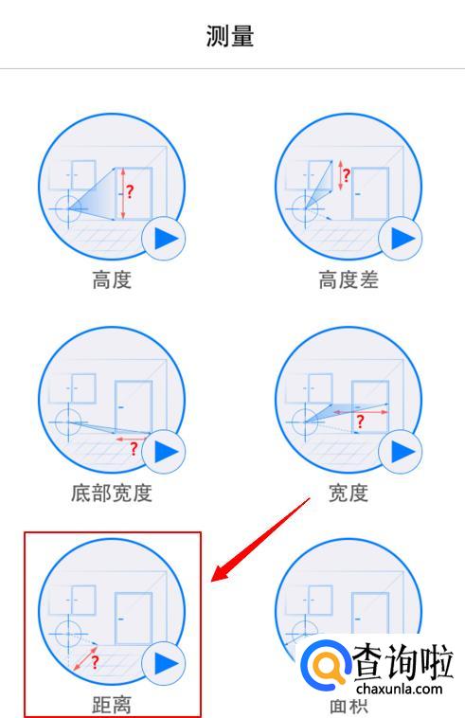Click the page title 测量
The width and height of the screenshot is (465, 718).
(x=230, y=36)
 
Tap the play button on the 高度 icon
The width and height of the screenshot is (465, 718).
(x=164, y=239)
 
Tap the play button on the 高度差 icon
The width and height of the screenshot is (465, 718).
(x=401, y=239)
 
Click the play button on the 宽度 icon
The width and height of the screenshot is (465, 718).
(x=401, y=452)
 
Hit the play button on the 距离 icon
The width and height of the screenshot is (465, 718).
(x=164, y=663)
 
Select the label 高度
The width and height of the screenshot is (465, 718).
(x=112, y=279)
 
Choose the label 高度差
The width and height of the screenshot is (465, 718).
(x=349, y=279)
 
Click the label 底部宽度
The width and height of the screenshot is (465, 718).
(x=112, y=494)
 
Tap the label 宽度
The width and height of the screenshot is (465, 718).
(x=349, y=494)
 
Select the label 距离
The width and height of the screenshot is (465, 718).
(x=112, y=705)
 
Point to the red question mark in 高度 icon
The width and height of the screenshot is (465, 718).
(x=130, y=191)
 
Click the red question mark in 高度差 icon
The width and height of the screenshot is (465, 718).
(x=347, y=175)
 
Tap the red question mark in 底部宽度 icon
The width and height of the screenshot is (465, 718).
(x=134, y=448)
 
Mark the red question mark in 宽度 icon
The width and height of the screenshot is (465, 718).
(x=360, y=422)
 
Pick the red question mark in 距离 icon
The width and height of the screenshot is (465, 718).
(x=96, y=662)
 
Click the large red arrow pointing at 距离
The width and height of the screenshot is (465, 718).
(x=260, y=539)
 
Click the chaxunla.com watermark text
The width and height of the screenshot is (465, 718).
(x=399, y=690)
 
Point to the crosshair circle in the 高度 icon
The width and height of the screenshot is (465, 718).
(x=68, y=208)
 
